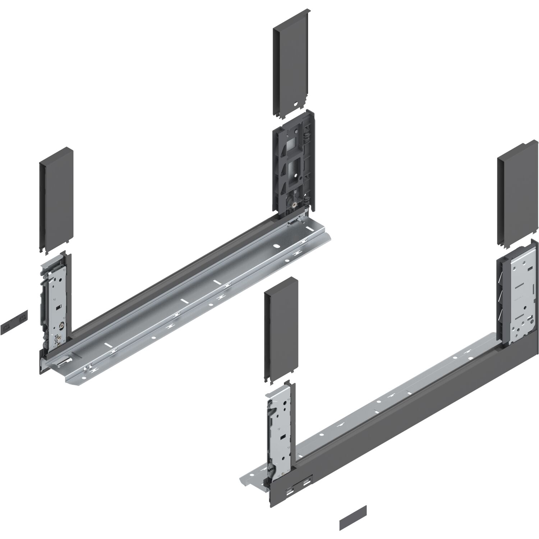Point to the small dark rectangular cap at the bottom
pos(353,518)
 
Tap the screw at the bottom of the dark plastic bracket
pos(294,205)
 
